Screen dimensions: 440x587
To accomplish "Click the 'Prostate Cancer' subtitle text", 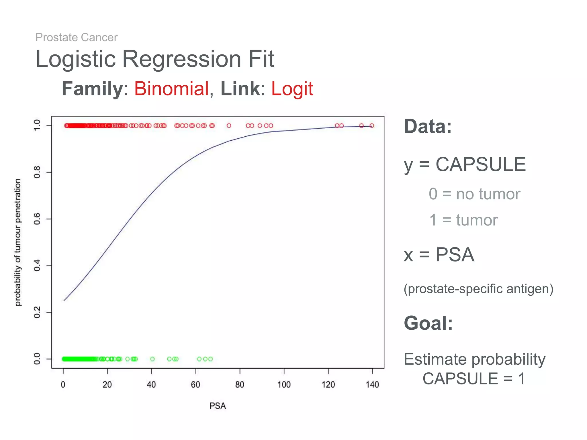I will (76, 38).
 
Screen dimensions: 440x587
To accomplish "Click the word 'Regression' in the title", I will (182, 59).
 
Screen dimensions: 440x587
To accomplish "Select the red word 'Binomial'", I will (171, 89).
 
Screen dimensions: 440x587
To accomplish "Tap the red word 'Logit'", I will (292, 89).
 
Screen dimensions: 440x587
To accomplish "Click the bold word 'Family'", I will (92, 89).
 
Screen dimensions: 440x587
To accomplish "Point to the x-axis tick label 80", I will (240, 384).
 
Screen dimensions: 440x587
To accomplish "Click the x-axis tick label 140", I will (372, 384).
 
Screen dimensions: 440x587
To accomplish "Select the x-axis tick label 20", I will (107, 384).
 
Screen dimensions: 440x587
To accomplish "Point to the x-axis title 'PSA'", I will (218, 406).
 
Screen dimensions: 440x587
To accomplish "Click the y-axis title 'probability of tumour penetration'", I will (18, 242).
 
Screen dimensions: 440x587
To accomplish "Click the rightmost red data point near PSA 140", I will (372, 125).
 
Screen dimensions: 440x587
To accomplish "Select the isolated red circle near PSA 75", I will (229, 125).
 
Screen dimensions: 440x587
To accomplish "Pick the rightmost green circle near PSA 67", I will (211, 359).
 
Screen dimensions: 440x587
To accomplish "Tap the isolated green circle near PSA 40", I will (152, 359).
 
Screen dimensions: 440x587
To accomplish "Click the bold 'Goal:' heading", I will (428, 323).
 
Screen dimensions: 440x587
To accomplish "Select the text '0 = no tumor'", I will (474, 194).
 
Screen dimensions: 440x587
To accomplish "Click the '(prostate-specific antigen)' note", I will (478, 289).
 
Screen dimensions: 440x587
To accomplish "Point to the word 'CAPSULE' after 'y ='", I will (481, 164).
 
